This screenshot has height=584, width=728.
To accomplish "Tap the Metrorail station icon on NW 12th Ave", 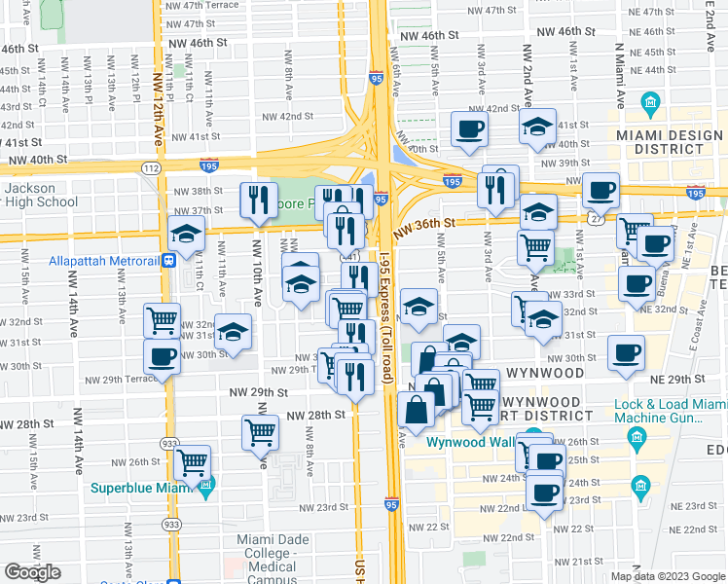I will pos(169,261).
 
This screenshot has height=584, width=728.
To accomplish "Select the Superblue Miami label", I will pos(142,488).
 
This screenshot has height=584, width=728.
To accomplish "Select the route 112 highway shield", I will pos(150,167).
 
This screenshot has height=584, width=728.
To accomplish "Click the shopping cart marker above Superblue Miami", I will pos(193,461).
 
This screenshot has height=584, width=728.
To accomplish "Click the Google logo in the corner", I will pos(32,572).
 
